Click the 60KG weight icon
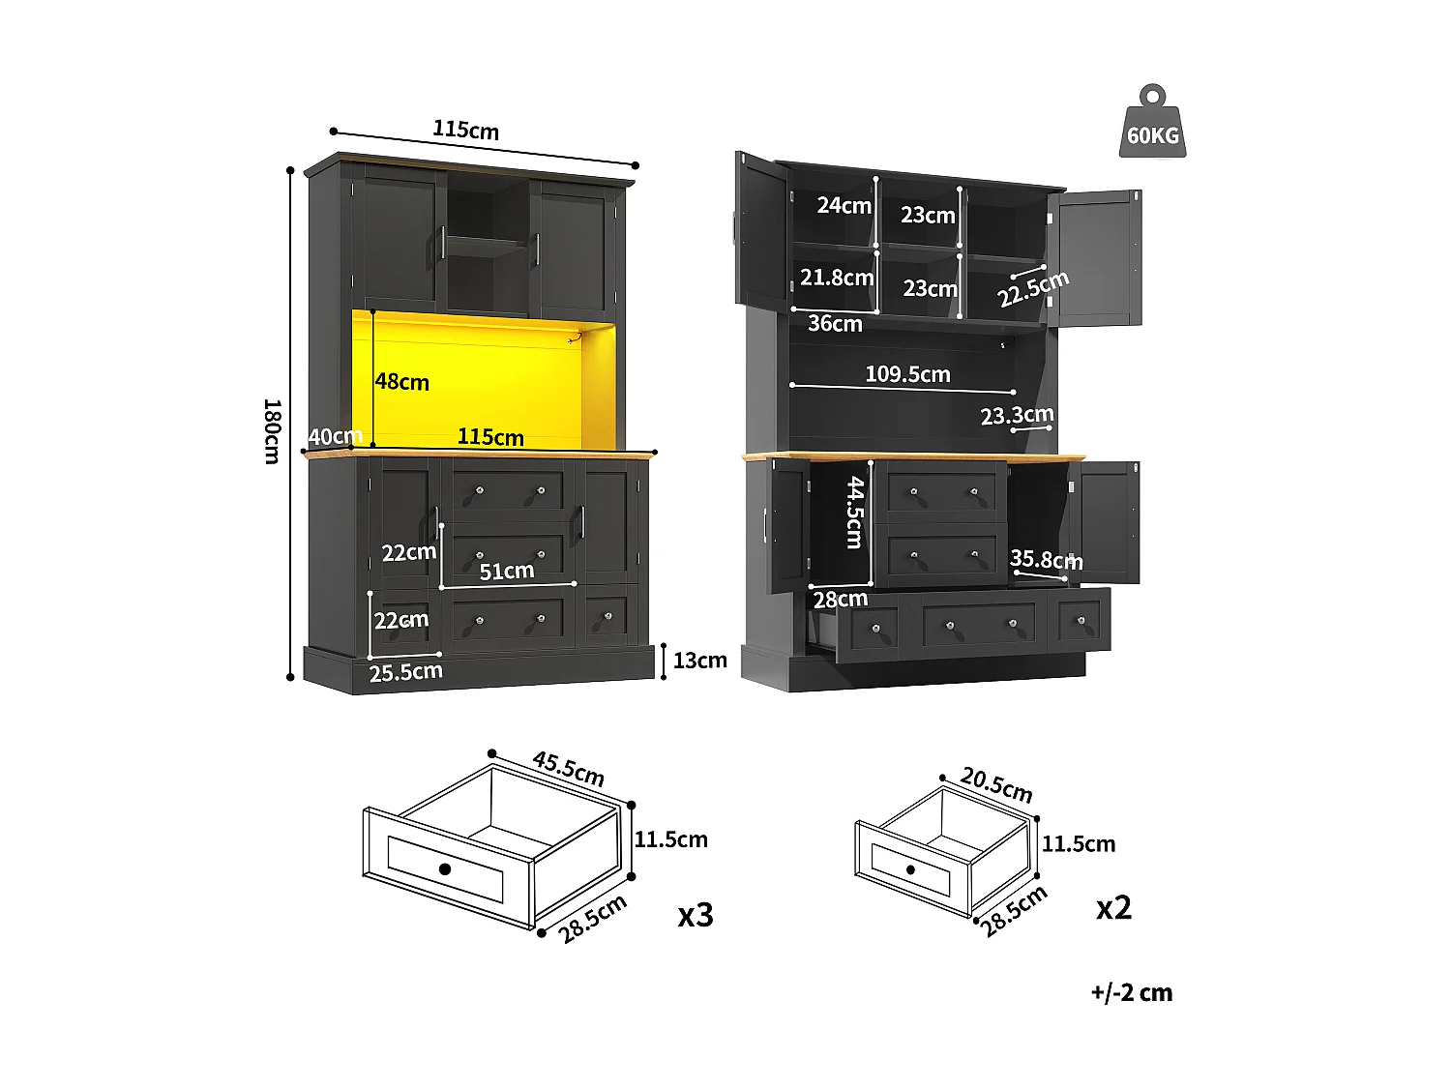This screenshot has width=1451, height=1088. (1152, 123)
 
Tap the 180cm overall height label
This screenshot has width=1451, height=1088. (272, 430)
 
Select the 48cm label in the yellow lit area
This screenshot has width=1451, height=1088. (402, 382)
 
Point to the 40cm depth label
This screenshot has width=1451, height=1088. (335, 437)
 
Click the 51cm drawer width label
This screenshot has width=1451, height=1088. (507, 572)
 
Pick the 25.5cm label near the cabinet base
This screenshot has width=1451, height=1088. (405, 672)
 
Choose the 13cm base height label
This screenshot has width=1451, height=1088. (699, 661)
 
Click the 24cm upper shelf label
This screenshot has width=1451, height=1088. (844, 205)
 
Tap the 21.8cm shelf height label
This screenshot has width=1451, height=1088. (837, 278)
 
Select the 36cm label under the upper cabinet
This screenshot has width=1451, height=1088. (835, 324)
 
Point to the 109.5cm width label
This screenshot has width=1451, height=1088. (907, 374)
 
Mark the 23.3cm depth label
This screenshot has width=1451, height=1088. (1017, 416)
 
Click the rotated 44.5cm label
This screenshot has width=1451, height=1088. (855, 513)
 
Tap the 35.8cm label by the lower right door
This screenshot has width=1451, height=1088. (1046, 560)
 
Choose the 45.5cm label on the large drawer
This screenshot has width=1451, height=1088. (568, 769)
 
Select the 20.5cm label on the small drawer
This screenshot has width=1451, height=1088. (996, 785)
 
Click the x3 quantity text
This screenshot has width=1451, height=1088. (696, 915)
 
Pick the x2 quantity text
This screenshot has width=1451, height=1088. (1113, 908)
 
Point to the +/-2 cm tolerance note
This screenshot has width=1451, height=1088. (1131, 993)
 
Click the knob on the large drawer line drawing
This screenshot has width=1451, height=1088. (445, 868)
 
